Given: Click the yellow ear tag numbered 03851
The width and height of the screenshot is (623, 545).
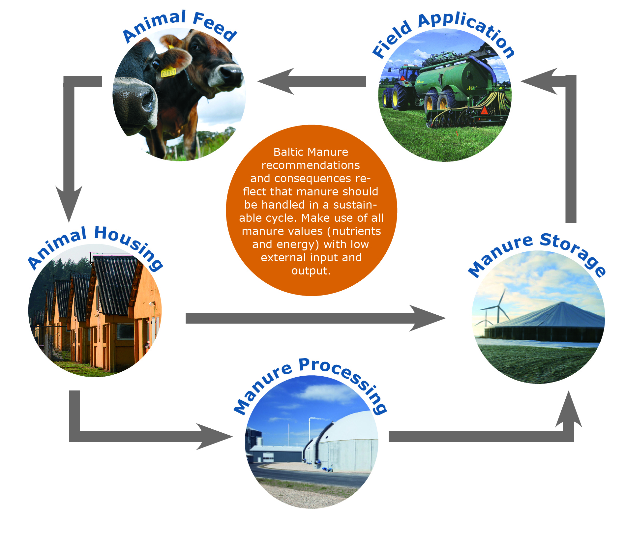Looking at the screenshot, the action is pos(168,72).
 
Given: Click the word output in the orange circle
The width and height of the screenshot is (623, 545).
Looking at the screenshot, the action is pos(311,271).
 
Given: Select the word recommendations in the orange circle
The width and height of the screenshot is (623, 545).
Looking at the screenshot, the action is pos(311,165).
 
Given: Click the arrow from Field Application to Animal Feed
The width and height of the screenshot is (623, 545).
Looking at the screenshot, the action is pos(311,81).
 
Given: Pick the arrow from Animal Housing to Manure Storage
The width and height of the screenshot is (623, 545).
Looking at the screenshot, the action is pos(315,318).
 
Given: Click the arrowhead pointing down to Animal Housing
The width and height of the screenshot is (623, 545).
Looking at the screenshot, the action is pos(69,203).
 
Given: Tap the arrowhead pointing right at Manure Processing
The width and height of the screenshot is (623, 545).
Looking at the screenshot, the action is pos(214,437).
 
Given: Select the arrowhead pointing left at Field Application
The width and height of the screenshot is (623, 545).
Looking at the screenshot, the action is pos(539,81).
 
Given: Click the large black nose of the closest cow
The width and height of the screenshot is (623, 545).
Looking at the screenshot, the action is pos(135,99).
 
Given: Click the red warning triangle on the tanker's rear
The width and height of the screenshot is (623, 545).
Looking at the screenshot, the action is pos(484,110).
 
